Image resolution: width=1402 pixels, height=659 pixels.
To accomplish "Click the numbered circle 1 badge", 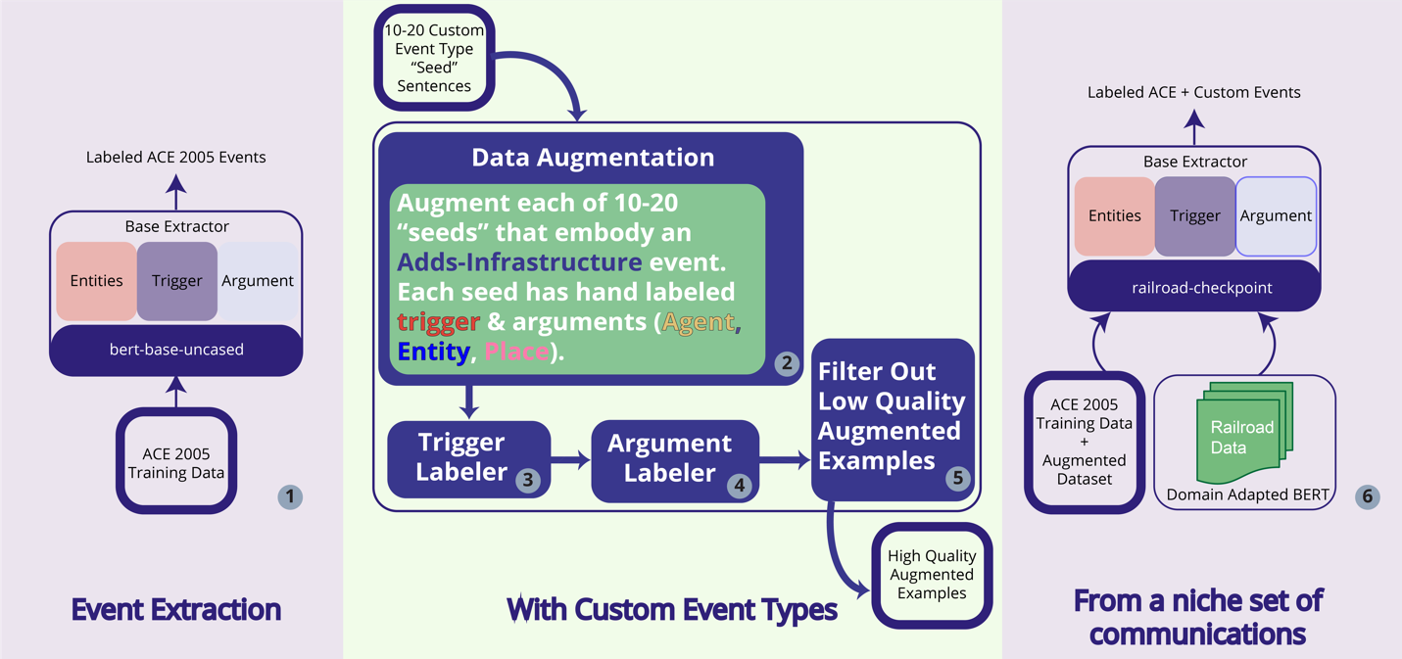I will click(290, 496).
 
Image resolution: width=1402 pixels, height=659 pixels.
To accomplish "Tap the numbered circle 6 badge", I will click(1367, 496).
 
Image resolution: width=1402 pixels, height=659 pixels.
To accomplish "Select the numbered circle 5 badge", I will click(957, 478).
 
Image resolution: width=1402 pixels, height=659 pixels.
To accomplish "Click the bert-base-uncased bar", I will click(176, 350).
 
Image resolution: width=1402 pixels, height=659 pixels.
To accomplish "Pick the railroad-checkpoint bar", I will click(1194, 286).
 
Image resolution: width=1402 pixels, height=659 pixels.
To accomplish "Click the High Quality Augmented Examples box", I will click(932, 575).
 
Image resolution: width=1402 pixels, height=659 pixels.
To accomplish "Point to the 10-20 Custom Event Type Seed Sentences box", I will click(434, 58).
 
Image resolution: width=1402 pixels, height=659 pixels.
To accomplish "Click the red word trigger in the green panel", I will click(438, 321).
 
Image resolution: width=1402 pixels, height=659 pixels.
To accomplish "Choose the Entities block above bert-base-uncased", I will click(96, 281).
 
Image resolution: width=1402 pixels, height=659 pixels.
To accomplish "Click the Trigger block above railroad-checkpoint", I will click(1194, 216).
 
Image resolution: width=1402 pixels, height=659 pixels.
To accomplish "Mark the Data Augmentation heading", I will click(592, 158).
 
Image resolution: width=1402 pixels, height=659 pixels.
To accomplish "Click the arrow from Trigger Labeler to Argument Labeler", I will click(570, 458).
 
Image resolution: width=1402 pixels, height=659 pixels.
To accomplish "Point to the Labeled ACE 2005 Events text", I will click(176, 157).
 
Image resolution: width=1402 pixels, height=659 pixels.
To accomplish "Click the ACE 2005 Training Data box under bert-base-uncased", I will click(176, 462).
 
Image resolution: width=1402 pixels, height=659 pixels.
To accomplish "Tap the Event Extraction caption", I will click(176, 609).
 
